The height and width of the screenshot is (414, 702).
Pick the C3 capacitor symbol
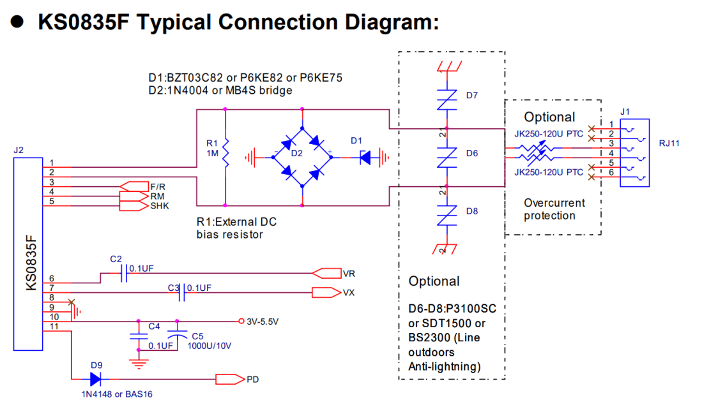click(183, 293)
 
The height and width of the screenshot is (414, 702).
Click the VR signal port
click(326, 274)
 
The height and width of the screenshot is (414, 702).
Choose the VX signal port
click(326, 293)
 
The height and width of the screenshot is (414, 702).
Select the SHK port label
click(160, 206)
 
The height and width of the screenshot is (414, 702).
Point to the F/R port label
click(158, 186)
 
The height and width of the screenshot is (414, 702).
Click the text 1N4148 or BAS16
click(117, 394)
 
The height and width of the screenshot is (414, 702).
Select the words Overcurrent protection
click(554, 209)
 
